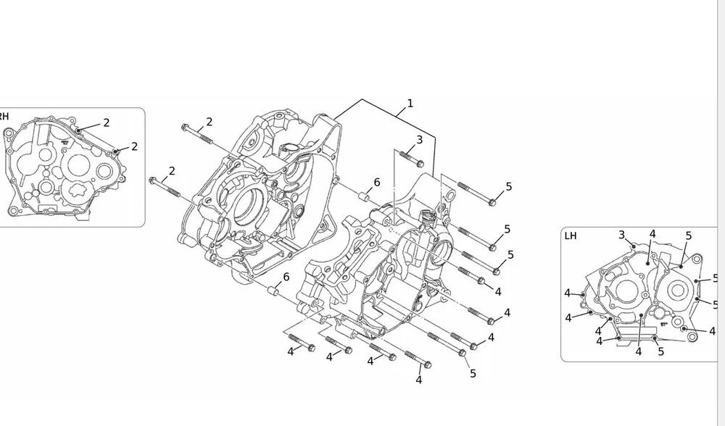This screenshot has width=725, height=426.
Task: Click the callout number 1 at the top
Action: coord(410,104)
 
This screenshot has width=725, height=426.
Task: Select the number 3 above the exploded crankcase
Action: coord(419,139)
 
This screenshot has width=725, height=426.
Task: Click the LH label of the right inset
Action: coord(571,235)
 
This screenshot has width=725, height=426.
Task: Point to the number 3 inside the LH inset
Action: coord(621,234)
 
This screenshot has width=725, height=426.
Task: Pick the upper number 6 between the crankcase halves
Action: coord(377,183)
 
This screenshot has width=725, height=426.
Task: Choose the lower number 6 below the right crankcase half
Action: coord(286,277)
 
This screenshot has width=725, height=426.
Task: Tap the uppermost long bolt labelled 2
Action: coord(195,133)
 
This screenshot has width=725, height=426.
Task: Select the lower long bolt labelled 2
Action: coord(164,184)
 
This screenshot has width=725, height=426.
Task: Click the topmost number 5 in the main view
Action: coord(508,187)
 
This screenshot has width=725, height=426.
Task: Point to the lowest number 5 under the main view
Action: coord(473,373)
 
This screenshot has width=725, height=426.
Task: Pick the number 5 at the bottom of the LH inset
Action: coord(660,351)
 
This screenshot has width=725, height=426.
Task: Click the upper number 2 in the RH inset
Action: coord(106,122)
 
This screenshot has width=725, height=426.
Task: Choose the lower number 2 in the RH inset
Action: coord(134,146)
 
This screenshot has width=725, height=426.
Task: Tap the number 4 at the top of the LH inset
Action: coord(652,234)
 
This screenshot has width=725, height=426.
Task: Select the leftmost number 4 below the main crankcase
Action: coord(290,351)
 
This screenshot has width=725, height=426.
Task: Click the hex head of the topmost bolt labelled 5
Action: coord(492,202)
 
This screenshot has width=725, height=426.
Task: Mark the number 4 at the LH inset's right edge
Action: coord(712,331)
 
